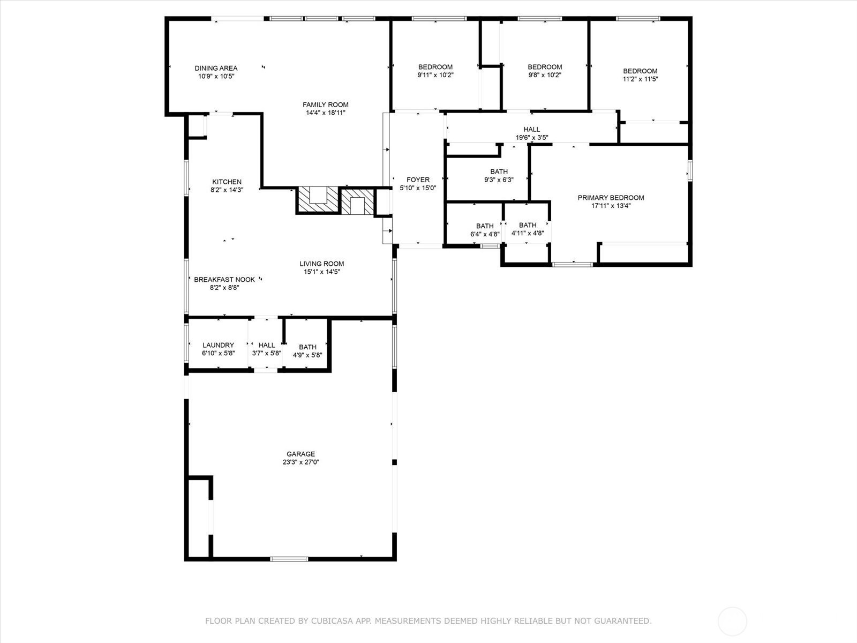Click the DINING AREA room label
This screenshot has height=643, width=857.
pos(216,69)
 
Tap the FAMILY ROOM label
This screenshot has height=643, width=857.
pos(325,104)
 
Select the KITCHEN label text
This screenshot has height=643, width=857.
pos(227,182)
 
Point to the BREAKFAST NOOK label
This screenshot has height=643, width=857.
pos(224,280)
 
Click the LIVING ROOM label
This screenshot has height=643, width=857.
pos(322,264)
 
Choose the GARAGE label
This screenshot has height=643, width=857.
pos(300,454)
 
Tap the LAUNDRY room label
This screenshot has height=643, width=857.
pos(218,345)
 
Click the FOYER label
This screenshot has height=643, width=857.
pos(418,180)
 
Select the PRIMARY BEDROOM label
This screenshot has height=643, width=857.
pos(611,198)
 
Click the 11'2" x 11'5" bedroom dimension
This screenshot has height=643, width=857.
pos(640,79)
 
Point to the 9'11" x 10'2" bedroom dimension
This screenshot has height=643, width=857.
pos(435,75)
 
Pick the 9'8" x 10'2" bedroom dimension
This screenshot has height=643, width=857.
pos(545,75)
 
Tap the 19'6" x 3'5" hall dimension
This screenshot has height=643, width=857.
pos(532,137)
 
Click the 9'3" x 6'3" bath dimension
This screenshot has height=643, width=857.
pos(499,180)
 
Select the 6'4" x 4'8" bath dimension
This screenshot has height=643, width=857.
pos(485,234)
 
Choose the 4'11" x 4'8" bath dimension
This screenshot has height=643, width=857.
pos(528,234)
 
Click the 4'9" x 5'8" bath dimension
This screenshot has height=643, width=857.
pos(307,355)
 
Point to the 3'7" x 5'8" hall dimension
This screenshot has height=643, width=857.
pos(267,353)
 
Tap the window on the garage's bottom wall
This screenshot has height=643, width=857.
pos(289,559)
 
